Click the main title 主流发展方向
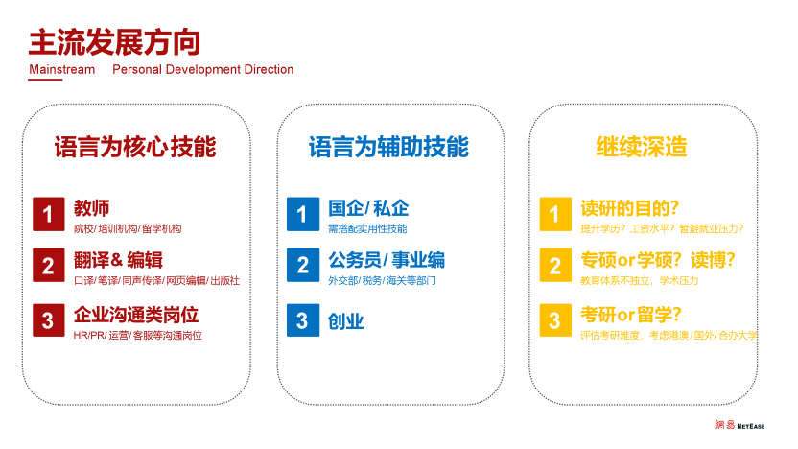pyautogui.click(x=114, y=42)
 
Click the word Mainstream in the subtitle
pyautogui.click(x=62, y=69)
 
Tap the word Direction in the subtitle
pyautogui.click(x=269, y=69)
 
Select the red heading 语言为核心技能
pyautogui.click(x=135, y=147)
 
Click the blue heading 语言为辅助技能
pyautogui.click(x=388, y=147)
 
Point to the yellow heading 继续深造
pyautogui.click(x=642, y=147)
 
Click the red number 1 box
pyautogui.click(x=49, y=214)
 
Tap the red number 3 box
pyautogui.click(x=49, y=320)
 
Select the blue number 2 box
pyautogui.click(x=303, y=265)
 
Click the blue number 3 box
pyautogui.click(x=303, y=320)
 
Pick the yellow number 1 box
pyautogui.click(x=555, y=214)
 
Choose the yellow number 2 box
pyautogui.click(x=555, y=265)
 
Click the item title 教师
pyautogui.click(x=92, y=208)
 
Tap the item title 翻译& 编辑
pyautogui.click(x=118, y=260)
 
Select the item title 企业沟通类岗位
pyautogui.click(x=136, y=315)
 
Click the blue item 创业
pyautogui.click(x=345, y=321)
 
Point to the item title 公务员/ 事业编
pyautogui.click(x=387, y=260)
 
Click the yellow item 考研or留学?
pyautogui.click(x=630, y=315)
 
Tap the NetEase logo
pyautogui.click(x=739, y=425)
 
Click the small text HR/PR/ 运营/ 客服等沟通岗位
pyautogui.click(x=138, y=336)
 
